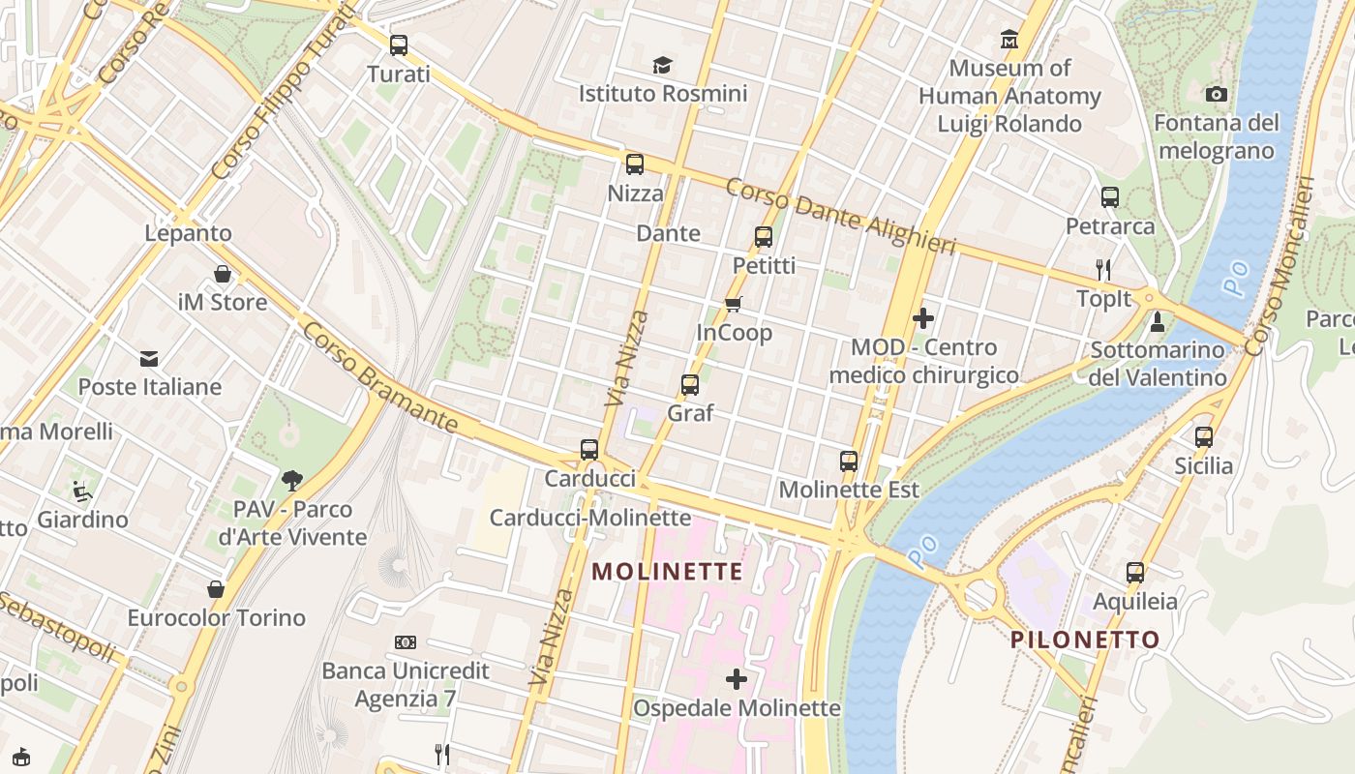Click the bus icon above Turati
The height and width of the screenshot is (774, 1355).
[398, 45]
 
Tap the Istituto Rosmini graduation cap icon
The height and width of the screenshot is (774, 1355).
[662, 65]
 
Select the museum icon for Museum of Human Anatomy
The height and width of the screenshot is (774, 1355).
[1009, 40]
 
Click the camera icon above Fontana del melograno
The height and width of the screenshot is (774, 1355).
[1217, 94]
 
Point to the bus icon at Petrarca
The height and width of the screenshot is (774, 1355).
[1110, 197]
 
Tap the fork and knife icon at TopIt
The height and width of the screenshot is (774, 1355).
[1103, 269]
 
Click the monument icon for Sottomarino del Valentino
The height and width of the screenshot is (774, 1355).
[1157, 321]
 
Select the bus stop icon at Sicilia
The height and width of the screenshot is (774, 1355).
[1204, 437]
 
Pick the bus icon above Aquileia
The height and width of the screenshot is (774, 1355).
[1135, 573]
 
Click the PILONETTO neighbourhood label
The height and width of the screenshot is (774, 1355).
[1085, 640]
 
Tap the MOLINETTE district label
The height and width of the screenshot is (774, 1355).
[668, 572]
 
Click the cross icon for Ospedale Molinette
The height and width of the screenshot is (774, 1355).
[737, 679]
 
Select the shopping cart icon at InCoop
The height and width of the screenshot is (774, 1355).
[734, 304]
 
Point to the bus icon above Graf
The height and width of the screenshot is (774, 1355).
[690, 385]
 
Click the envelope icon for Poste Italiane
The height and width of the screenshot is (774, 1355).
[149, 359]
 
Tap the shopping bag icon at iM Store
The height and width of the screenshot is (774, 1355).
[223, 274]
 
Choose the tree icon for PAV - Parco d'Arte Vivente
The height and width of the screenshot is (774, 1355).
[292, 480]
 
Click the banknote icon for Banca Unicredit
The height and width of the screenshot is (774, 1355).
[406, 642]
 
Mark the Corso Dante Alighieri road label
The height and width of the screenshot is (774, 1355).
[840, 216]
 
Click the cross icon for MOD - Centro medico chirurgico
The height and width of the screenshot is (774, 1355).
[923, 318]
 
